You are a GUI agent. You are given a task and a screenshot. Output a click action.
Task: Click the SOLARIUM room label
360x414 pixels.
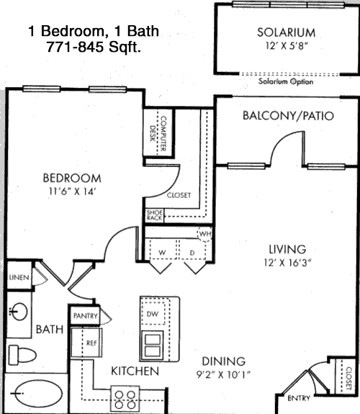coord(287,32)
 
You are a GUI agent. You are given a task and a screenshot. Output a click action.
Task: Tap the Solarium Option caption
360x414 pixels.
coord(286,81)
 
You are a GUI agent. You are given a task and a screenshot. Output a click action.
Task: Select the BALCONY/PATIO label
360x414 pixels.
coord(288,116)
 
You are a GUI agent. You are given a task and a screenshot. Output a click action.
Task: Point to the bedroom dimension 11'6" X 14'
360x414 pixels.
coord(71,191)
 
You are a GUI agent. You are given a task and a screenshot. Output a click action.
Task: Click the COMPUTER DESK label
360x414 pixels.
coord(158,133)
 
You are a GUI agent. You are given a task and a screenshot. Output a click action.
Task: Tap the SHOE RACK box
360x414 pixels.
coord(155,215)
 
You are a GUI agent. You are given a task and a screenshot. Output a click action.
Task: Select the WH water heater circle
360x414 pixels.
coord(204,234)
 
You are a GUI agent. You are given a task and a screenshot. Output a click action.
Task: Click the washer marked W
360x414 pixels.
coord(162,250)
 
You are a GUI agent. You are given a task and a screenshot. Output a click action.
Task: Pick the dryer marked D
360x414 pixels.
coord(192,250)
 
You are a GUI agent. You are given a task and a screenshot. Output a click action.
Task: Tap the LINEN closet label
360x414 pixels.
coord(19,277)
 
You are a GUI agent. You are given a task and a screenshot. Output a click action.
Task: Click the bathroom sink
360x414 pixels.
coord(18,311)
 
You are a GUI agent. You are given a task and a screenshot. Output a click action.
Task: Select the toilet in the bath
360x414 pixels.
coord(22,355)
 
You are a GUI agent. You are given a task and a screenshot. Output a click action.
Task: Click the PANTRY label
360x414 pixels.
coord(85,316)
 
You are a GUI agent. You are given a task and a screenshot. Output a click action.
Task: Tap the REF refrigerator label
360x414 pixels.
coord(91,343)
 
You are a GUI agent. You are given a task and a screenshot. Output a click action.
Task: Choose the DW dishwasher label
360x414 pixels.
coord(153,314)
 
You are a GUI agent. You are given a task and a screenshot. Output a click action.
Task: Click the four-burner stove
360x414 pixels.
coord(125,399)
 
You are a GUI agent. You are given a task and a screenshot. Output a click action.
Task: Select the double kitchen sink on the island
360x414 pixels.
coord(152,345)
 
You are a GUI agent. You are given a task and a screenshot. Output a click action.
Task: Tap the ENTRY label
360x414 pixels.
coord(299,398)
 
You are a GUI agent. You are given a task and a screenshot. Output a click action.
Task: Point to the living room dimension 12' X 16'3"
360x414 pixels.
coord(287,263)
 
